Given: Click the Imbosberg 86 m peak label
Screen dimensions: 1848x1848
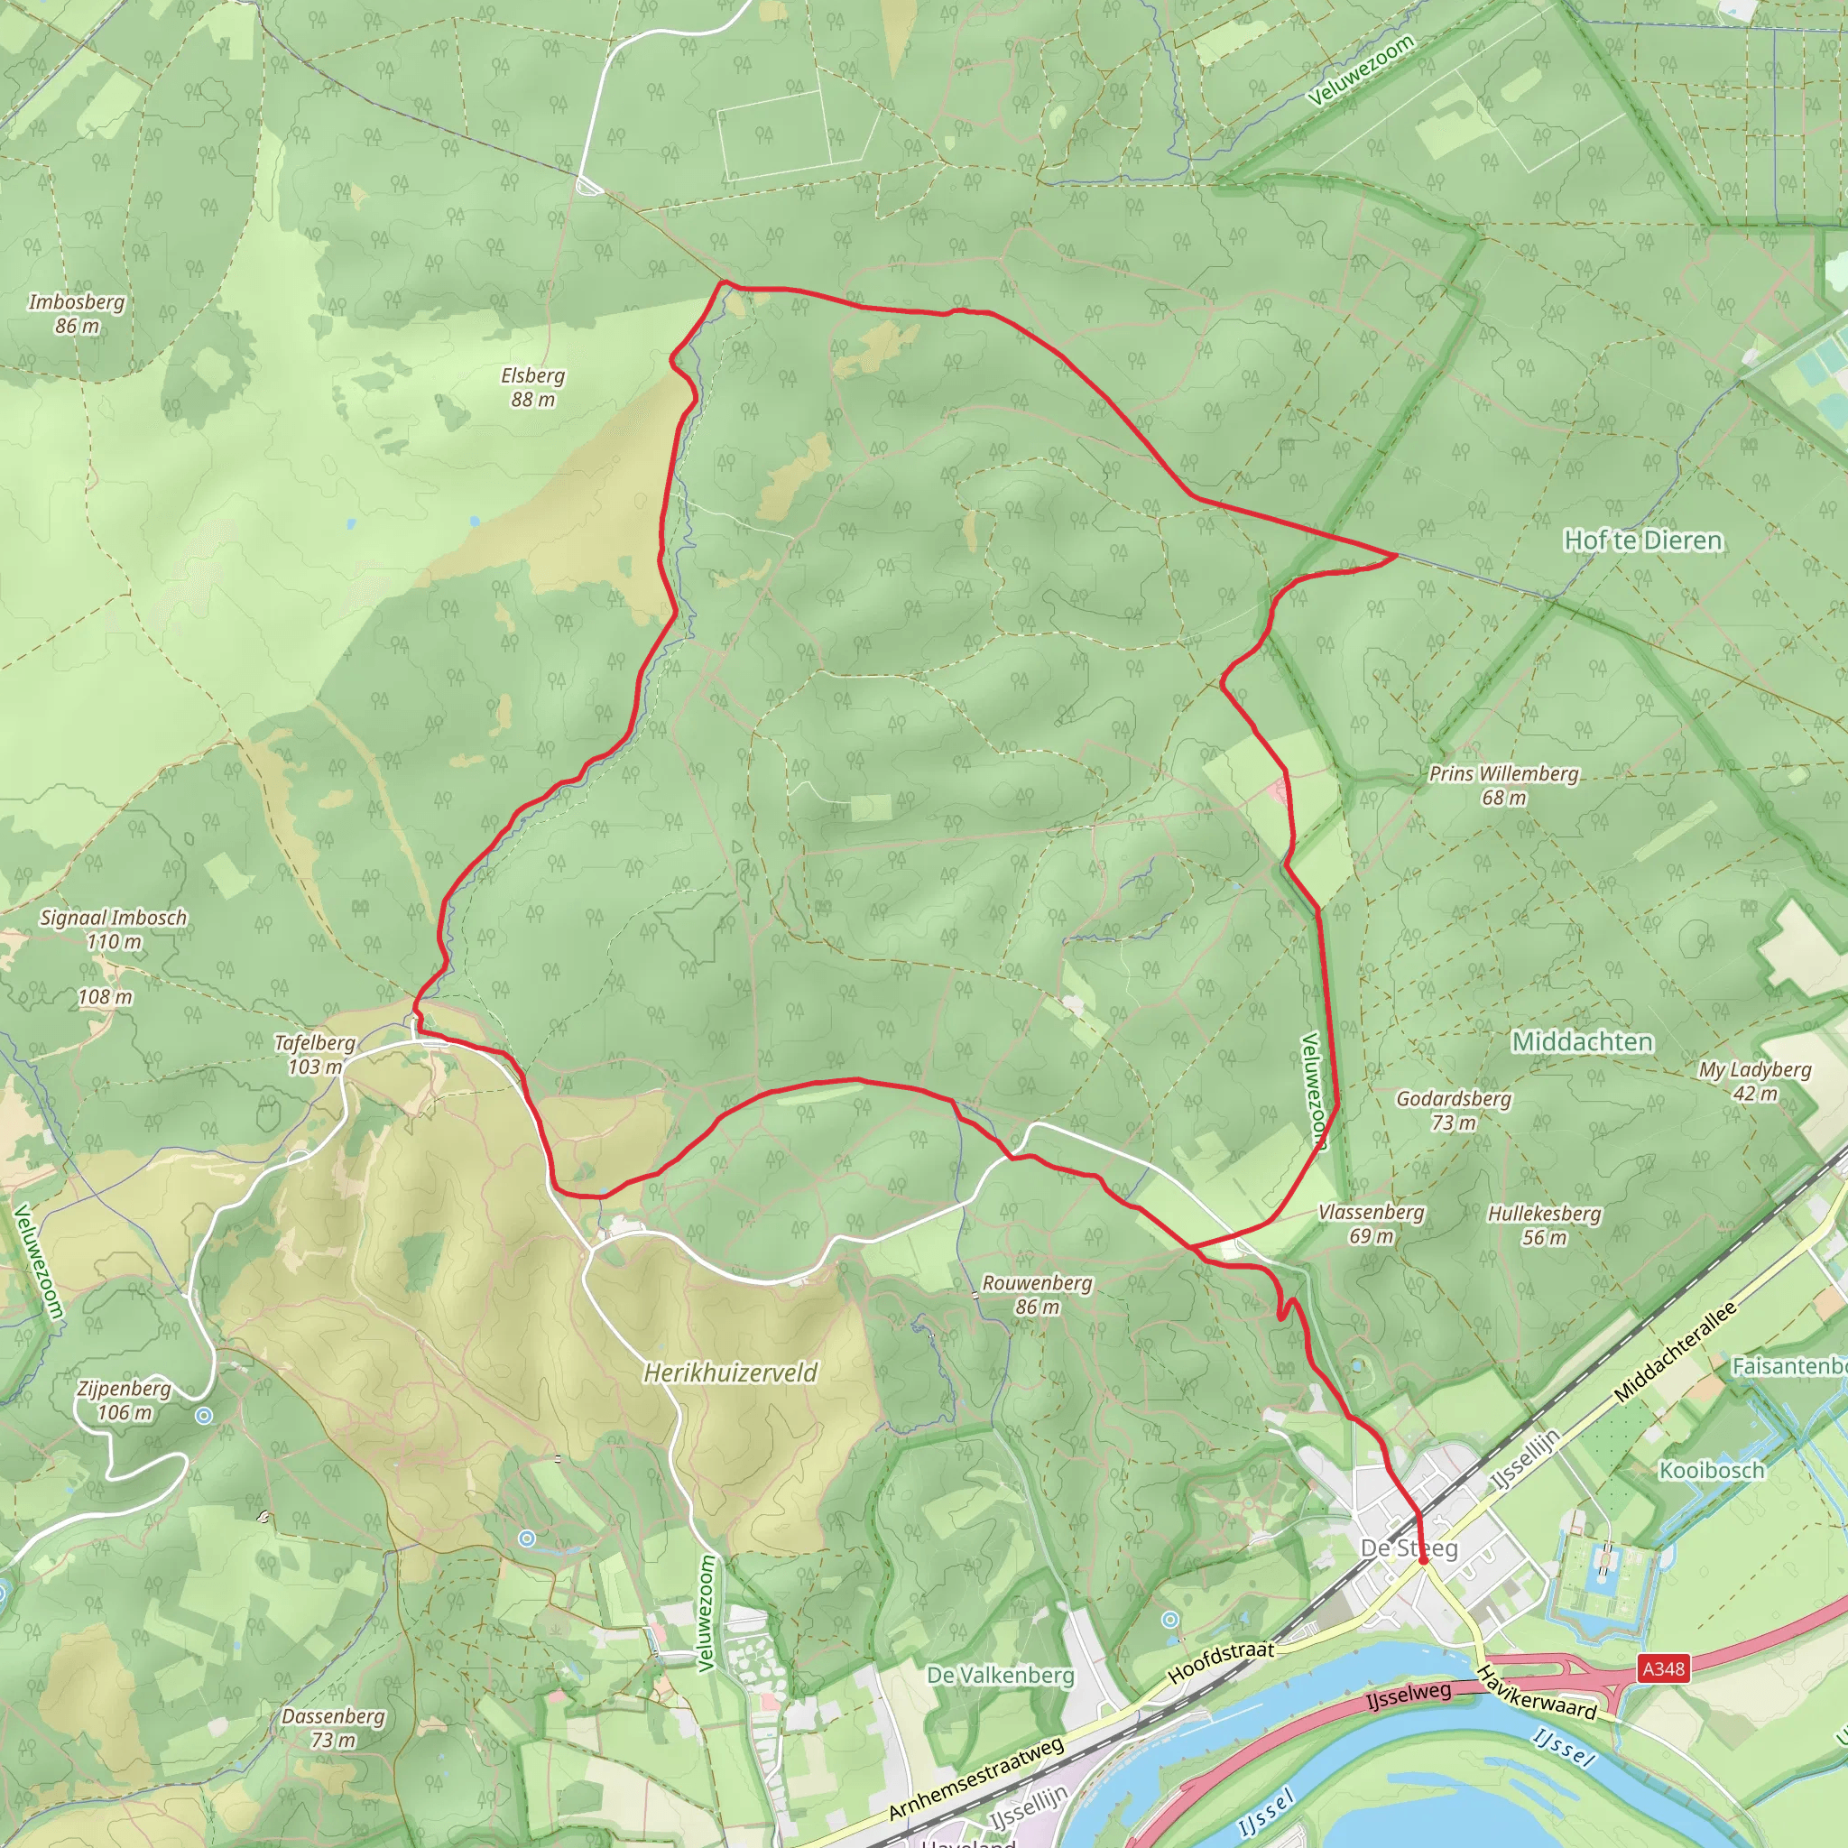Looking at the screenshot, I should point(77,314).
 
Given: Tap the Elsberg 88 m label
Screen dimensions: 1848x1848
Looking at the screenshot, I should point(532,387).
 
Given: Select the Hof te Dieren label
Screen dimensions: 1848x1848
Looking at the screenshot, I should point(1642,541).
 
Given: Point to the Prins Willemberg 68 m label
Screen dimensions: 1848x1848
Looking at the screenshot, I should point(1503,785).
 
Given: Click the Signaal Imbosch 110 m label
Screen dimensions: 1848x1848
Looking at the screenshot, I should point(113,929).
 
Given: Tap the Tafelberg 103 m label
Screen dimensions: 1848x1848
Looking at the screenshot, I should point(315,1054).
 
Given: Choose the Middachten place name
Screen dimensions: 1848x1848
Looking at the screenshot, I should point(1582,1041).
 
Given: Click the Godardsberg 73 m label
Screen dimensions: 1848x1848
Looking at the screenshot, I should point(1453,1110).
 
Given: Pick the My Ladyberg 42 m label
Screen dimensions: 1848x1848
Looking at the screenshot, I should point(1755,1081).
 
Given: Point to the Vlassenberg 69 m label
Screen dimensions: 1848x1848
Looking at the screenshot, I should point(1372,1224).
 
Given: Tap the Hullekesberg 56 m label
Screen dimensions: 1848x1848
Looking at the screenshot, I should point(1544,1225).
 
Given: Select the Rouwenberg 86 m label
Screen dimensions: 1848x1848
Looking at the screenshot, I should point(1037,1294).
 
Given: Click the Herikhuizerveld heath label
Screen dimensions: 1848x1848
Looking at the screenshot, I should point(730,1372).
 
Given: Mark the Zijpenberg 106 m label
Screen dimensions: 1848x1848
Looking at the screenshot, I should point(125,1400).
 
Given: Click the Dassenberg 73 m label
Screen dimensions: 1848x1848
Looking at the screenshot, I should point(333,1728).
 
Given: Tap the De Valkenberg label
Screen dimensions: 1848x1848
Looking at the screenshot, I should point(1001,1675).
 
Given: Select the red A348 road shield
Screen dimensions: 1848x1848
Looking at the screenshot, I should point(1663,1669).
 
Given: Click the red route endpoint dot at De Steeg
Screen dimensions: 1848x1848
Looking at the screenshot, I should point(1422,1560).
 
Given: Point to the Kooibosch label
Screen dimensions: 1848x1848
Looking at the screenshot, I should point(1711,1470).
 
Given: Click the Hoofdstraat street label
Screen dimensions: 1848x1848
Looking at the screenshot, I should point(1221,1662).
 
